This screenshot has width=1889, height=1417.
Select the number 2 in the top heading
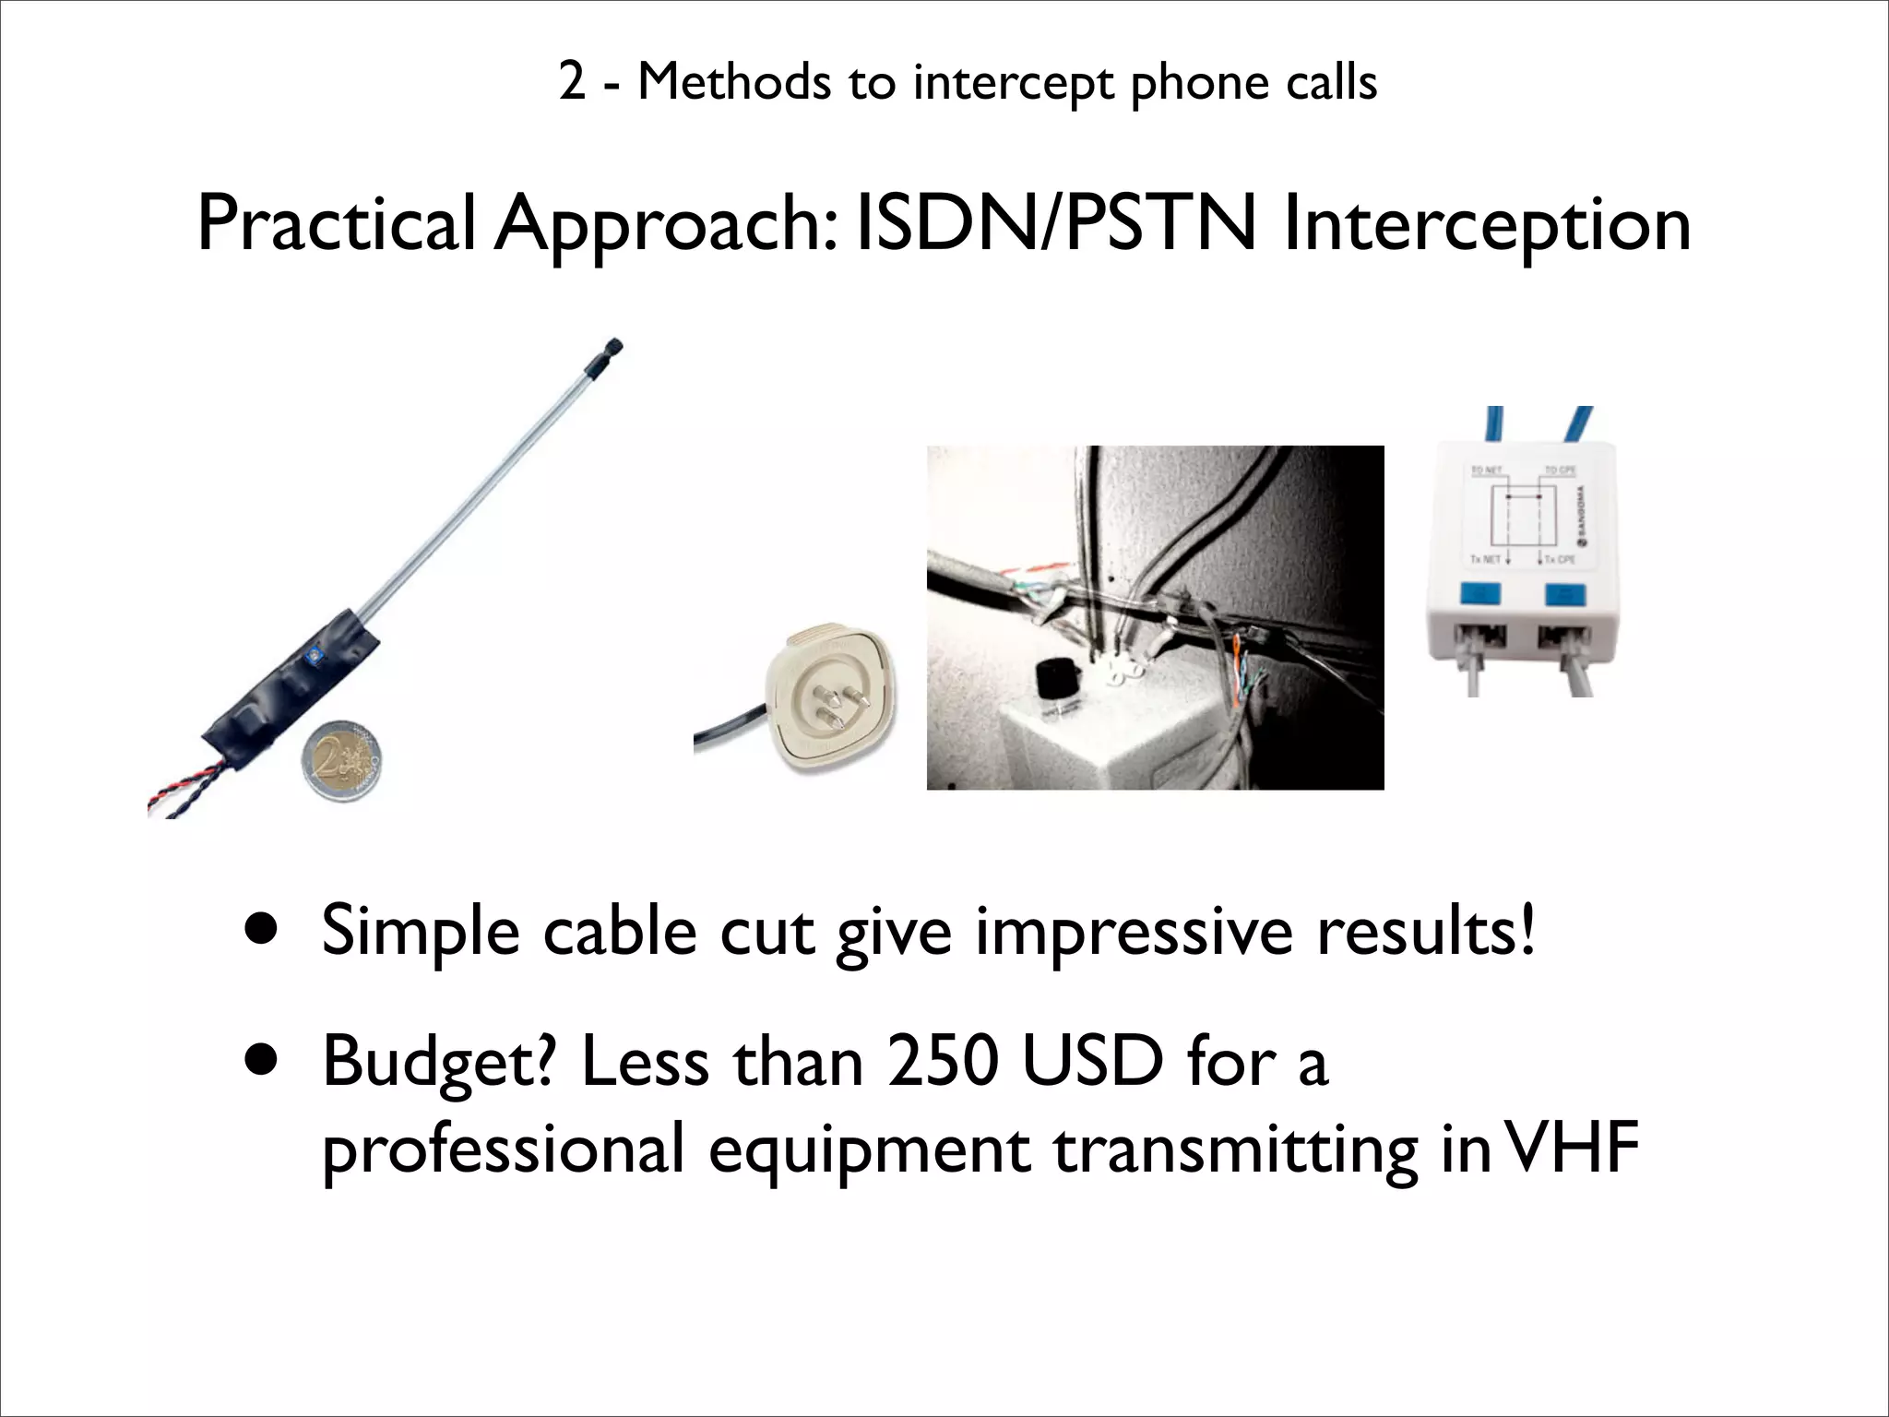coord(572,83)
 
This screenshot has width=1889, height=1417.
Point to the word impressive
coord(1134,932)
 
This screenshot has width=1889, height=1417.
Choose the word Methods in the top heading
coord(733,83)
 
